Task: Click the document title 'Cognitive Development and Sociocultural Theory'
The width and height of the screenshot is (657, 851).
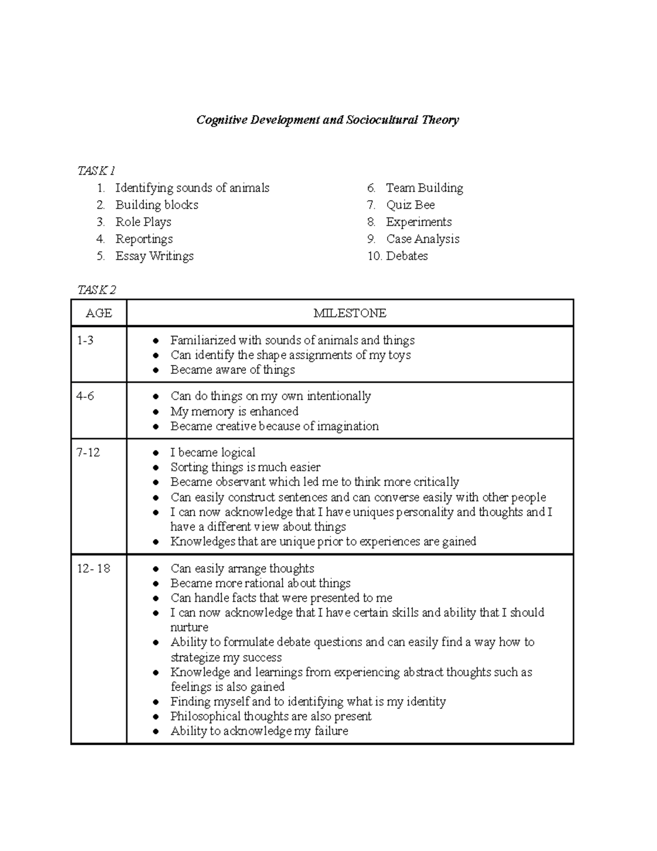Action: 327,120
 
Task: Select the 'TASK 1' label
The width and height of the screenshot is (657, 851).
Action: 96,171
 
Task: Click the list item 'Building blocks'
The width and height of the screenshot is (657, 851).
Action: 157,205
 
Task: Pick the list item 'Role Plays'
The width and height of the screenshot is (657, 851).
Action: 143,222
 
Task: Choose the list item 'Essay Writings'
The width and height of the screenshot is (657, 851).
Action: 154,256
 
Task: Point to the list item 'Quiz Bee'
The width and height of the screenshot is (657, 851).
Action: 410,205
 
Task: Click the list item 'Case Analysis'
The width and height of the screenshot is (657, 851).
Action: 422,239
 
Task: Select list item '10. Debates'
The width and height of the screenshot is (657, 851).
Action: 398,256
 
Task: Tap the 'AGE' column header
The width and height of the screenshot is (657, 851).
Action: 99,313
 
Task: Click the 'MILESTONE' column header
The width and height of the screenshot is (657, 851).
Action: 350,313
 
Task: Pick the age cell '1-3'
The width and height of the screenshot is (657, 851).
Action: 85,340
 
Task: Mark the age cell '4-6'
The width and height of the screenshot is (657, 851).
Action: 85,396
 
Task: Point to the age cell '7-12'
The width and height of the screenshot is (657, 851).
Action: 88,453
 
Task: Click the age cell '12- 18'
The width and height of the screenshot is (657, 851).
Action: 94,569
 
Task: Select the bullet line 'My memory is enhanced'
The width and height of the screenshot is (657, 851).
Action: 234,412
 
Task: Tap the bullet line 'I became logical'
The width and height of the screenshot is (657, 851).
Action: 212,453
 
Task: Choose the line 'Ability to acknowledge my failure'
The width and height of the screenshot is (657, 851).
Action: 259,731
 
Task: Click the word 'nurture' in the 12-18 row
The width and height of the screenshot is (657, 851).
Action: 189,627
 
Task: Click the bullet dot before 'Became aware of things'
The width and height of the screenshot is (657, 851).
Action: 157,370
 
